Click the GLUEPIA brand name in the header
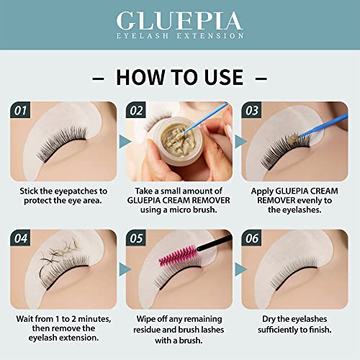[179, 19]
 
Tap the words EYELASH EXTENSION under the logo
[179, 35]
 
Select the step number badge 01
[22, 110]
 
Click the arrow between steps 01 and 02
[122, 138]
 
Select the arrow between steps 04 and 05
[122, 266]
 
